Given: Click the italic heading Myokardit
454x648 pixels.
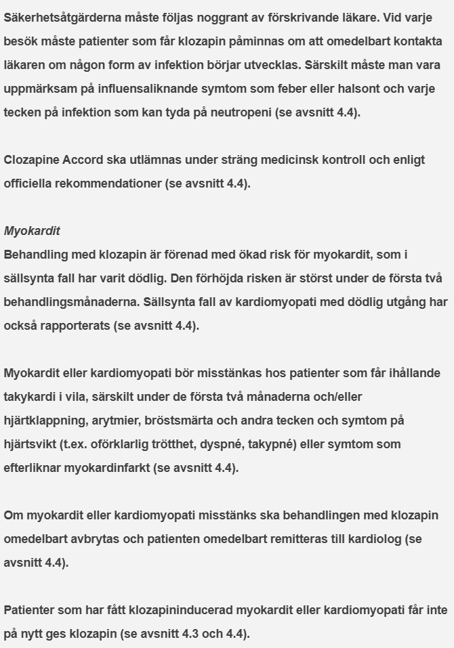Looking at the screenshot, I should click(x=32, y=231).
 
